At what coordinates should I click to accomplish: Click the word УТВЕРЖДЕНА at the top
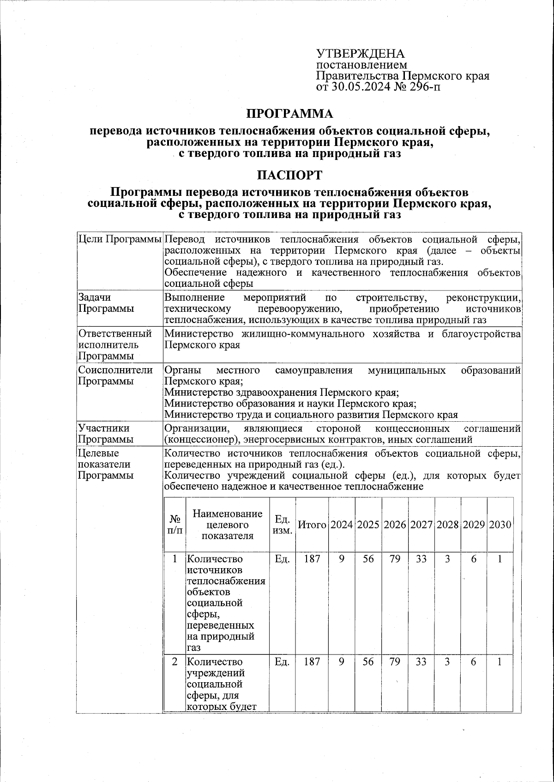pyautogui.click(x=360, y=54)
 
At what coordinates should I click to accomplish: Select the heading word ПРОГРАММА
pyautogui.click(x=289, y=113)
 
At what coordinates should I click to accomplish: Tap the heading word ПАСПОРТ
pyautogui.click(x=289, y=176)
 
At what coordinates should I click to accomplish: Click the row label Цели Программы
pyautogui.click(x=120, y=240)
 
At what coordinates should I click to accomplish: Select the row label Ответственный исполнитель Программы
pyautogui.click(x=114, y=345)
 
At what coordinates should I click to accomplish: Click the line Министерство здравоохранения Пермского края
pyautogui.click(x=282, y=393)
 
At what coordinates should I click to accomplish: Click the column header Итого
pyautogui.click(x=312, y=525)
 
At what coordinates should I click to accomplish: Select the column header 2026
pyautogui.click(x=395, y=525)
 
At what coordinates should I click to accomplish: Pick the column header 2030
pyautogui.click(x=500, y=525)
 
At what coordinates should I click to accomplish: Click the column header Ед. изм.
pyautogui.click(x=282, y=525)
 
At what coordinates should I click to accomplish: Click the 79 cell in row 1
pyautogui.click(x=395, y=559)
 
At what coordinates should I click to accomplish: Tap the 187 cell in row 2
pyautogui.click(x=312, y=662)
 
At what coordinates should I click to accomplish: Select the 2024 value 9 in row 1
pyautogui.click(x=341, y=559)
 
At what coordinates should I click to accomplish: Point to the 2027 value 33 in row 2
pyautogui.click(x=421, y=662)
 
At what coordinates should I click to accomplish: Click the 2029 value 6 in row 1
pyautogui.click(x=474, y=559)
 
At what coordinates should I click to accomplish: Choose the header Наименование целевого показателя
pyautogui.click(x=227, y=525)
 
